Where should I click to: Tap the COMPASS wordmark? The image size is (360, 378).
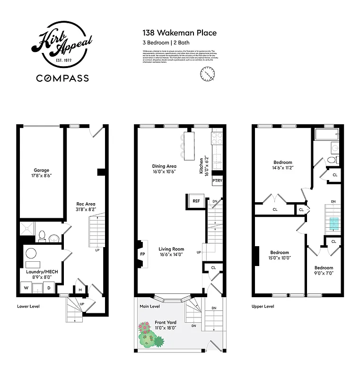(62, 78)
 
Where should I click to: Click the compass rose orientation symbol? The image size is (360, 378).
(207, 74)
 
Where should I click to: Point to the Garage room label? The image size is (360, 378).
(41, 170)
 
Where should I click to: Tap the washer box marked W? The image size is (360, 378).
(26, 288)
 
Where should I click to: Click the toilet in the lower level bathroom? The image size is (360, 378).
(42, 235)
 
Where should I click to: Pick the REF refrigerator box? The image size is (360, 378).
(196, 201)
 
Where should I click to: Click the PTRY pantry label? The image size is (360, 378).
(217, 180)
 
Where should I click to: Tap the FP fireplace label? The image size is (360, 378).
(142, 253)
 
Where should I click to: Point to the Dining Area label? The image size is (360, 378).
(164, 166)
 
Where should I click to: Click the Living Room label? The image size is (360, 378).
(165, 249)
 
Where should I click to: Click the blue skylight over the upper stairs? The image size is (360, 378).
(334, 223)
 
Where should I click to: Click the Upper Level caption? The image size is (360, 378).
(263, 306)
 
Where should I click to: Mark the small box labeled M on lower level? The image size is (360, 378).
(80, 290)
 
